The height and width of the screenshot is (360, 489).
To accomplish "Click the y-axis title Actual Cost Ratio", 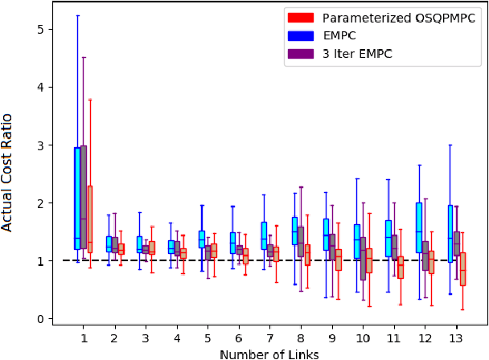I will pyautogui.click(x=8, y=171).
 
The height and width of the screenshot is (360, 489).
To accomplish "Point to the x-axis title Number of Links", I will pyautogui.click(x=269, y=353).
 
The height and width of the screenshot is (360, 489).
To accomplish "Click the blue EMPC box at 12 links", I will pyautogui.click(x=419, y=227).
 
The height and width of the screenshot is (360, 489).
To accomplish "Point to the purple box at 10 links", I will pyautogui.click(x=363, y=258).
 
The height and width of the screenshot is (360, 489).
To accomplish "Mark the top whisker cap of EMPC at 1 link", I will pyautogui.click(x=77, y=15).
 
